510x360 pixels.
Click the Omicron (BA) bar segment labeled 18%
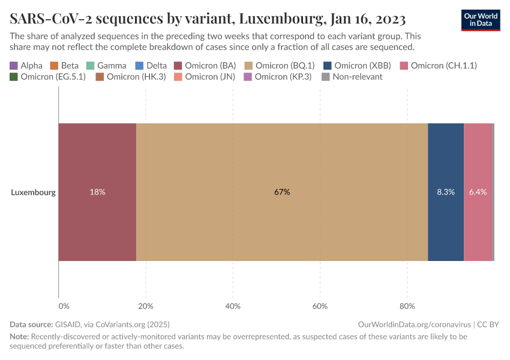[x=97, y=192]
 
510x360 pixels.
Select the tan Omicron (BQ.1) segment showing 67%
[x=282, y=192]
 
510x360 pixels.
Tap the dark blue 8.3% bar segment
[x=445, y=192]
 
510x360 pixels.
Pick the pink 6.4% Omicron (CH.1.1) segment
[x=478, y=192]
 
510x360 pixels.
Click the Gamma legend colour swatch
[x=90, y=65]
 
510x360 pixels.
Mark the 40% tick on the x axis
[x=233, y=306]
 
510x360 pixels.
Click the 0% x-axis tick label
[x=64, y=306]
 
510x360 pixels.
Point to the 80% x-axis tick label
[x=407, y=306]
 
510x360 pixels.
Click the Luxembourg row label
[x=33, y=193]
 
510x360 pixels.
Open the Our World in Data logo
[x=481, y=19]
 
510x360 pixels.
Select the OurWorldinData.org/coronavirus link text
[x=414, y=325]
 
